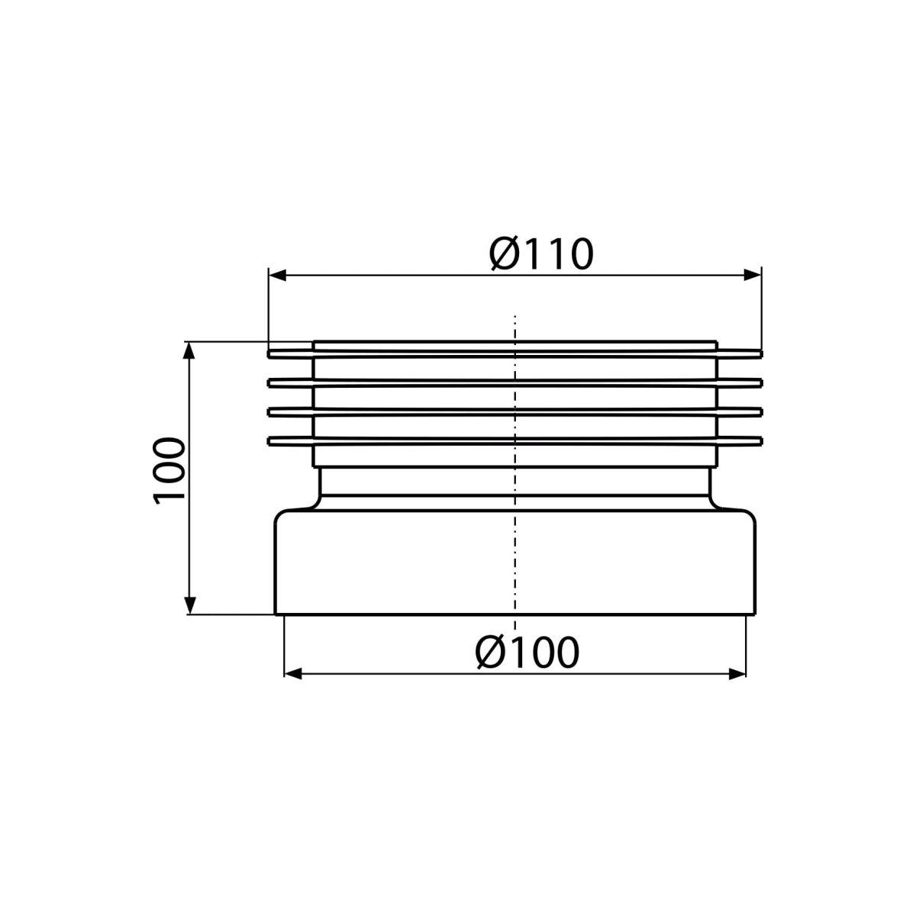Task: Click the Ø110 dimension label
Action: (x=541, y=254)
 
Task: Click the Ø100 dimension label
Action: (x=527, y=652)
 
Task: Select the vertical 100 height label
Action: (x=169, y=471)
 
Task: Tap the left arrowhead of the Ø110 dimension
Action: (x=278, y=276)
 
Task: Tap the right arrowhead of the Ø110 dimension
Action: (x=752, y=275)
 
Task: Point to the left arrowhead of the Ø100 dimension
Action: (x=293, y=673)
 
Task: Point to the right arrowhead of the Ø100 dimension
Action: (x=737, y=673)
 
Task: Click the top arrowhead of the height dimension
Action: (x=189, y=351)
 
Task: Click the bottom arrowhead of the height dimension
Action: (x=189, y=605)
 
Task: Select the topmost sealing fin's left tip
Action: (x=269, y=353)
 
